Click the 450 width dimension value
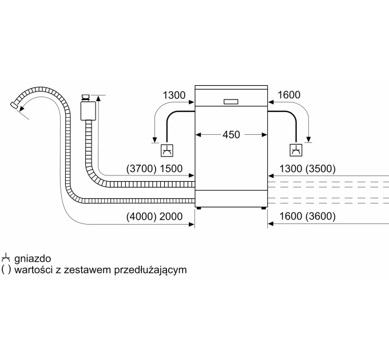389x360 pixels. coord(231,135)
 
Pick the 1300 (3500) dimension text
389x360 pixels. coord(306,169)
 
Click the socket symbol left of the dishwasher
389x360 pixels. coord(167,151)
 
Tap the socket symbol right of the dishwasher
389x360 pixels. coord(295,151)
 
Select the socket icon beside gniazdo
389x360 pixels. coord(7,258)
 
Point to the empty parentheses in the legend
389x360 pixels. coord(6,269)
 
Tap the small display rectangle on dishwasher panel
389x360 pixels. coord(231,102)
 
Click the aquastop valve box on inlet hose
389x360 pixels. coord(88,109)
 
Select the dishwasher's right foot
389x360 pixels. coord(264,209)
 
